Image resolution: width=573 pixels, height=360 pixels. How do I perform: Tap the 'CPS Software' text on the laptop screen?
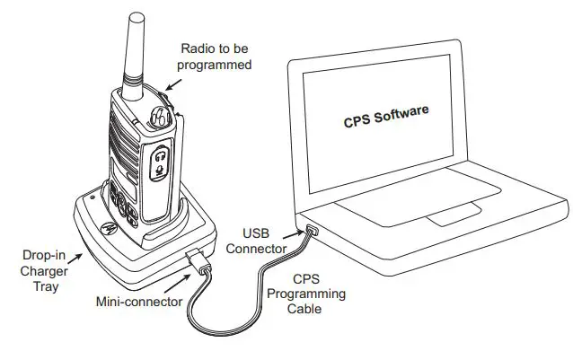[386, 118]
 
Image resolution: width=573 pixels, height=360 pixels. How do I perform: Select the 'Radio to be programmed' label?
[216, 56]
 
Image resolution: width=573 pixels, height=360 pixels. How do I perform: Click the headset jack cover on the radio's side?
[160, 162]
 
